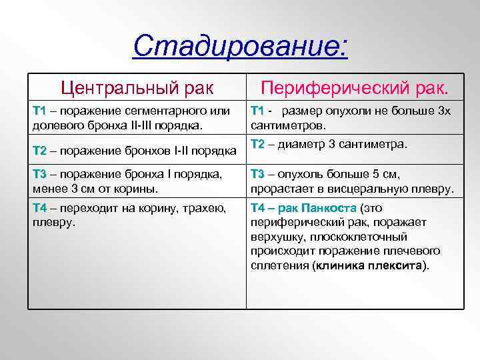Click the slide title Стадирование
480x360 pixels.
[x=240, y=46]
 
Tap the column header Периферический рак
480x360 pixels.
[x=355, y=87]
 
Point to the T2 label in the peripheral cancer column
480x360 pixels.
[x=257, y=145]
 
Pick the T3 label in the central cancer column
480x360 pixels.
[x=40, y=175]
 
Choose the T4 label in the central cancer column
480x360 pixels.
[x=40, y=208]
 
